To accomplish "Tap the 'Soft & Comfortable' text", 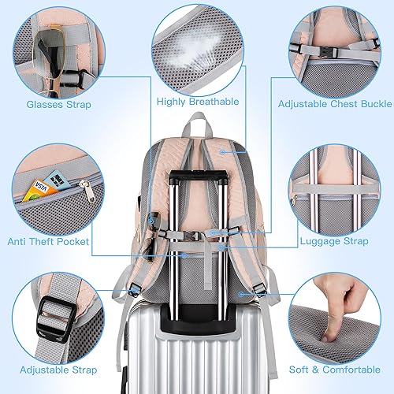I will (336, 369).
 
